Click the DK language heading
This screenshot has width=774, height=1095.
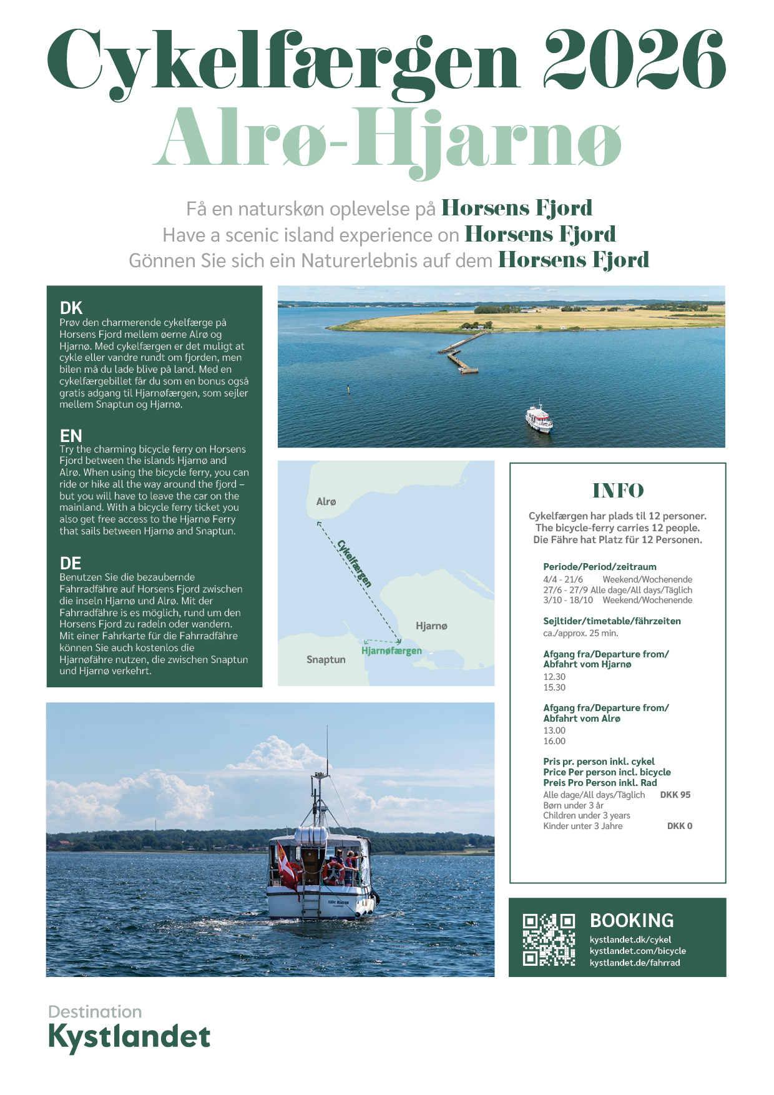[x=71, y=308]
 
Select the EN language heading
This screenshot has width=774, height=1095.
[x=71, y=435]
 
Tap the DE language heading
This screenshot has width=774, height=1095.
[x=71, y=563]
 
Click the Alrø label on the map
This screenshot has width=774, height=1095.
[x=326, y=501]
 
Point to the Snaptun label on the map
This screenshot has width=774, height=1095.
[x=326, y=659]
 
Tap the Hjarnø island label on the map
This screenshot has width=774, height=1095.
[x=431, y=626]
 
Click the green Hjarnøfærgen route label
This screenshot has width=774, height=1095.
[x=391, y=651]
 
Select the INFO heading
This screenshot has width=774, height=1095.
[x=618, y=491]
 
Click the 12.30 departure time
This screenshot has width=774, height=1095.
[x=554, y=677]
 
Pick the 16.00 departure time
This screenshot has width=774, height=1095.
[x=554, y=741]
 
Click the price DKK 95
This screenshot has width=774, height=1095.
[x=675, y=795]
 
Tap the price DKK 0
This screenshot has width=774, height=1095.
[x=679, y=826]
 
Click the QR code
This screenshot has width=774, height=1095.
[x=549, y=940]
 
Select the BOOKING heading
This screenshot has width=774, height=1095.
[x=632, y=920]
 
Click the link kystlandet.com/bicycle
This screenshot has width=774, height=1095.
[x=637, y=951]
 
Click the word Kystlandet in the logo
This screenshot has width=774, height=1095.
[x=129, y=1037]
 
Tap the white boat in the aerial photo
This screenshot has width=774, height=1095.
[x=539, y=418]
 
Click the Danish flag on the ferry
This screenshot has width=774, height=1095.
[x=288, y=870]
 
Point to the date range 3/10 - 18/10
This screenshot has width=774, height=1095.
[x=568, y=600]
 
